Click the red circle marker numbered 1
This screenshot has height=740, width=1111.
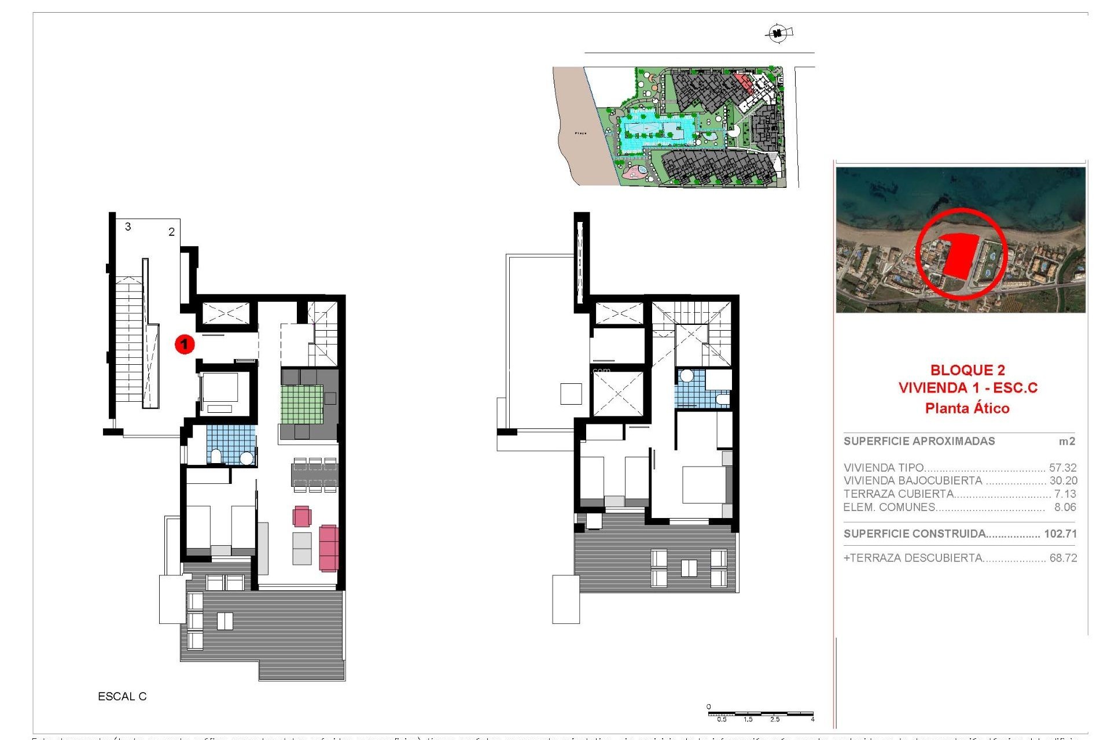tap(185, 345)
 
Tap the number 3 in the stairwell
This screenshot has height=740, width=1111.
tap(128, 227)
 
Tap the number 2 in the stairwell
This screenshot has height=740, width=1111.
tap(171, 232)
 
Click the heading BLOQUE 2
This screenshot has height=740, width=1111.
tap(967, 370)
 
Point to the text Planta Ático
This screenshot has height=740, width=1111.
tap(967, 408)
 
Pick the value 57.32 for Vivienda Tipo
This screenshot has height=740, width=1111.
tap(1062, 468)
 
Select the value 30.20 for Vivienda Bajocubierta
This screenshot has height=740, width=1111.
tap(1063, 480)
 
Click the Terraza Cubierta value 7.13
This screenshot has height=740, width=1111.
tap(1065, 494)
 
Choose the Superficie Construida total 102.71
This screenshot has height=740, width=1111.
tap(1060, 534)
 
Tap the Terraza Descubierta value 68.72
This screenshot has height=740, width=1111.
tap(1063, 558)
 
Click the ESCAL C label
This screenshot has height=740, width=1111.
tap(122, 697)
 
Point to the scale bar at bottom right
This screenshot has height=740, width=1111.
tap(760, 715)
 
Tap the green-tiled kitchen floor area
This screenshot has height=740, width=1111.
tap(302, 404)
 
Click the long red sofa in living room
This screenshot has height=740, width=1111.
tap(328, 547)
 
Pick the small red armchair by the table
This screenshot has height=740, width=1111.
tap(301, 516)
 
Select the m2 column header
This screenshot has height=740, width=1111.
tap(1066, 442)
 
